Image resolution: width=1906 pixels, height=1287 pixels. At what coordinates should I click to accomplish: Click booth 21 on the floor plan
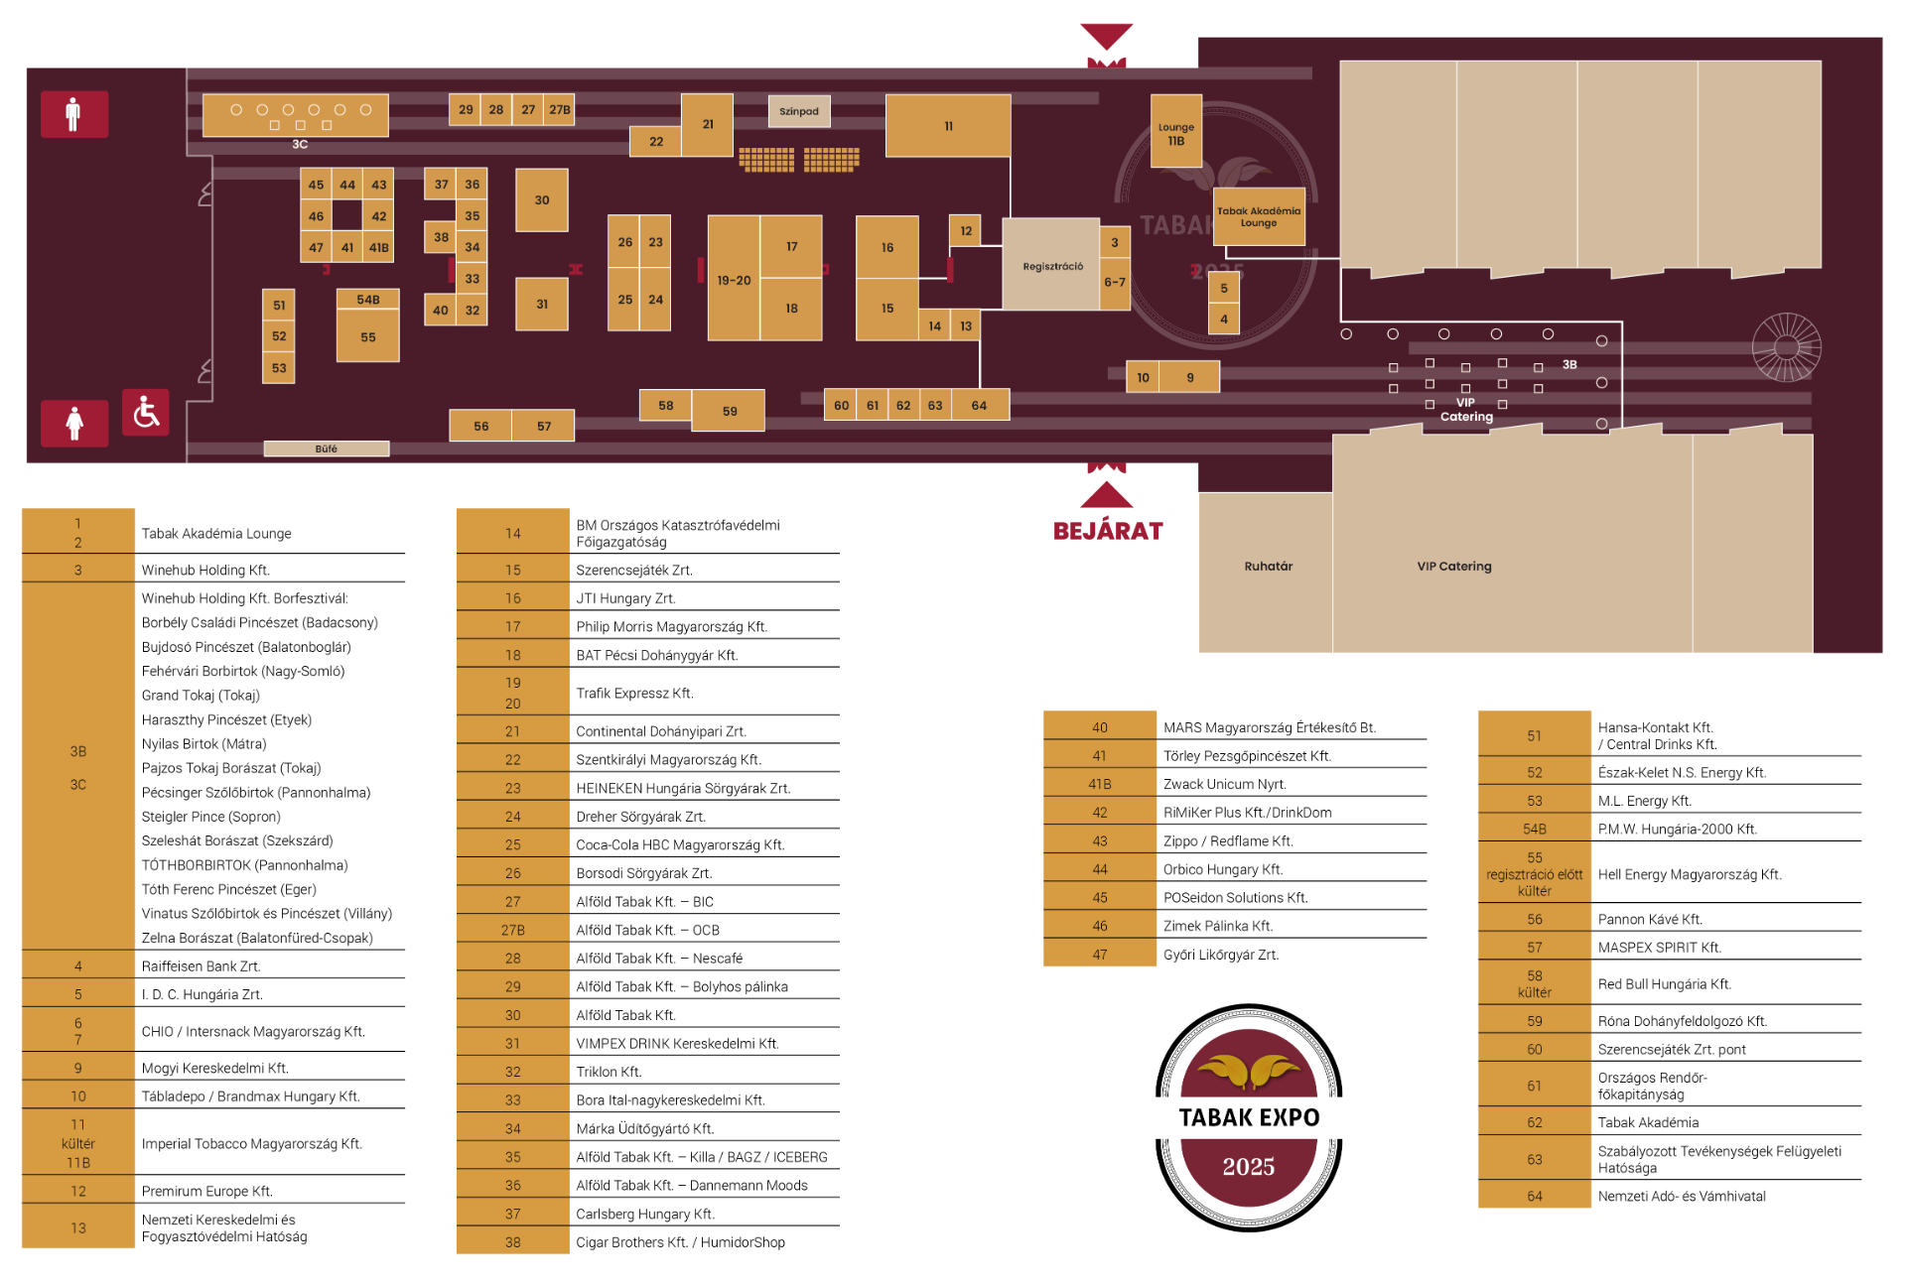click(x=708, y=125)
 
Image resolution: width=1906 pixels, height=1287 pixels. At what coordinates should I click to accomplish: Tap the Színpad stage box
click(x=799, y=111)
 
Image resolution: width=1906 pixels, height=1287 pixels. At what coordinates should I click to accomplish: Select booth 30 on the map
click(x=542, y=199)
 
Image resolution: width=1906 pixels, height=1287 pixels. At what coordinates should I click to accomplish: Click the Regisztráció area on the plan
click(x=1051, y=265)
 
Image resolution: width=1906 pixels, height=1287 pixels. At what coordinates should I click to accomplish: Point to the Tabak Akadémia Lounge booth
click(x=1259, y=216)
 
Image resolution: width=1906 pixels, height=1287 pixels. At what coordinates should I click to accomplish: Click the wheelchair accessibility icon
click(x=146, y=412)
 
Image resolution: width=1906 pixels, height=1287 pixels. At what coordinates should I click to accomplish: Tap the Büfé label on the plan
click(x=327, y=449)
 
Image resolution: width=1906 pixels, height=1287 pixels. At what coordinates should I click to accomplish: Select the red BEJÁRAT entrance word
click(x=1108, y=531)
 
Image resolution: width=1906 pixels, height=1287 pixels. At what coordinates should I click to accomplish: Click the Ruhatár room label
click(x=1269, y=567)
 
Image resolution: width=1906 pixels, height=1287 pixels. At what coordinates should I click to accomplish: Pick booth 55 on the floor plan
click(x=368, y=336)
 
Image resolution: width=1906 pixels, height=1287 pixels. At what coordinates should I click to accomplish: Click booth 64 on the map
click(x=980, y=405)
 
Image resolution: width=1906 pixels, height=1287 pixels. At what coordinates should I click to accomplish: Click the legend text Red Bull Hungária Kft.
click(x=1665, y=984)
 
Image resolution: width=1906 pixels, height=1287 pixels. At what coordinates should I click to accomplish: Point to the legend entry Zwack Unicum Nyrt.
click(x=1225, y=784)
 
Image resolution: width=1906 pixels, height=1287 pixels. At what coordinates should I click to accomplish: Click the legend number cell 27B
click(x=512, y=930)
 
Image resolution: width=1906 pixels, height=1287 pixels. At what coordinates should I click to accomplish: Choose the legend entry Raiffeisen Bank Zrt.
click(x=202, y=966)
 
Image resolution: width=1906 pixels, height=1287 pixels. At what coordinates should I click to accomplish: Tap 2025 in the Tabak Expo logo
click(x=1249, y=1167)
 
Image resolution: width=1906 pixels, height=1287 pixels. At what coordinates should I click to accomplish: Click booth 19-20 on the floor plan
click(x=735, y=279)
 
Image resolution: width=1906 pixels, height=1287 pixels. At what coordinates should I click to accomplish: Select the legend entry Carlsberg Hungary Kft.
click(x=645, y=1214)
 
